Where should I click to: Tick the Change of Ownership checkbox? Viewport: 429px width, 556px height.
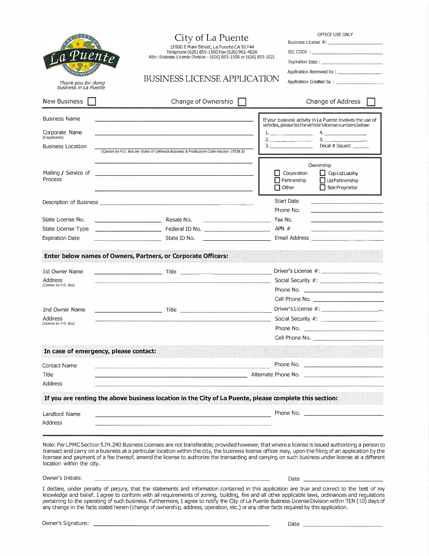[242, 102]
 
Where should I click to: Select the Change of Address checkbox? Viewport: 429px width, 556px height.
[371, 102]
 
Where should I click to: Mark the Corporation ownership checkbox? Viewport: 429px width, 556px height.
[277, 173]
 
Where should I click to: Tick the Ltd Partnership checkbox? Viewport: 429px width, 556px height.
[323, 180]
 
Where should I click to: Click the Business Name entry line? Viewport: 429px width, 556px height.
[174, 119]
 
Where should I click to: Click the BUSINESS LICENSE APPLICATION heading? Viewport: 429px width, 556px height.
[211, 79]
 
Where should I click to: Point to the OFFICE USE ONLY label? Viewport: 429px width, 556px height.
[335, 34]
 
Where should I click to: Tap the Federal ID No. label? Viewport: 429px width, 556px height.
[183, 229]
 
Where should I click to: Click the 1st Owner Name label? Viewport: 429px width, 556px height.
[63, 271]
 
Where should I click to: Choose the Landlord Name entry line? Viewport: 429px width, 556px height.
[183, 414]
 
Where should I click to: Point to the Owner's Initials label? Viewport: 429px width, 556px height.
[62, 478]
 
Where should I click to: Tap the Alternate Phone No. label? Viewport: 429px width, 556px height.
[275, 375]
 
